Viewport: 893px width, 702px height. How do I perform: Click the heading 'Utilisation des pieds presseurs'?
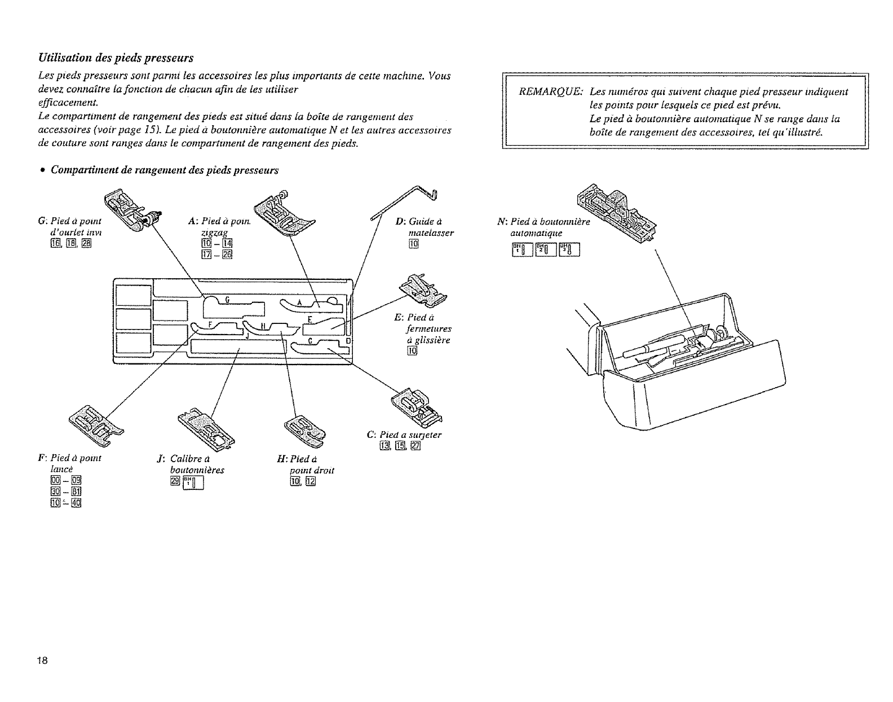[x=116, y=58]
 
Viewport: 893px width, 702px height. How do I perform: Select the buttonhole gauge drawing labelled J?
[x=207, y=427]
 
